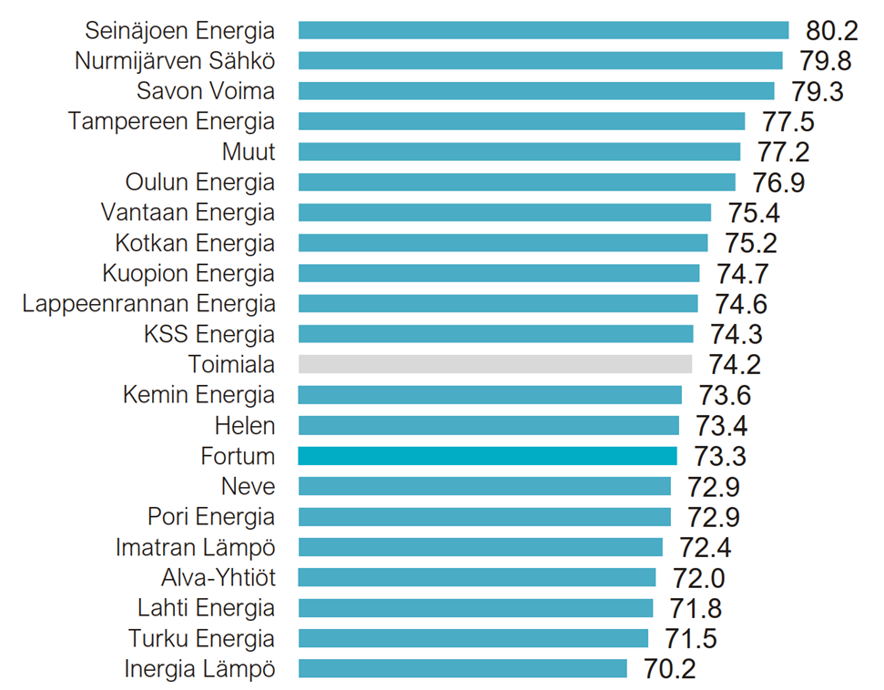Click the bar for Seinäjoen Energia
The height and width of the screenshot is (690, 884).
pyautogui.click(x=544, y=30)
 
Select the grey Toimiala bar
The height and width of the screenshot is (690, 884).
pyautogui.click(x=495, y=364)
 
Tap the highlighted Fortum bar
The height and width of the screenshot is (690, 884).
pyautogui.click(x=488, y=456)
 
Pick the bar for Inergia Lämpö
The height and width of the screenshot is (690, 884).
pyautogui.click(x=462, y=669)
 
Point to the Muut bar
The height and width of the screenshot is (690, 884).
pyautogui.click(x=520, y=151)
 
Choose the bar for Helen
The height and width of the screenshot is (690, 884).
pyautogui.click(x=489, y=425)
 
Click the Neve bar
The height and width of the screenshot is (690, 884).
pyautogui.click(x=484, y=486)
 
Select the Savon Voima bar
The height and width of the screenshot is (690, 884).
pyautogui.click(x=536, y=91)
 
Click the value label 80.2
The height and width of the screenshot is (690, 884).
pyautogui.click(x=832, y=31)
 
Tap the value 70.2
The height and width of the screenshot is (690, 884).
pyautogui.click(x=669, y=670)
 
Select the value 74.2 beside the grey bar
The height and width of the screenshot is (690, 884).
pyautogui.click(x=735, y=365)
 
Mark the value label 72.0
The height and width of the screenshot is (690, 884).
pyautogui.click(x=698, y=578)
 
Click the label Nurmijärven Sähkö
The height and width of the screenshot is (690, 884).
pyautogui.click(x=174, y=61)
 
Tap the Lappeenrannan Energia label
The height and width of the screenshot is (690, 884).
pyautogui.click(x=148, y=303)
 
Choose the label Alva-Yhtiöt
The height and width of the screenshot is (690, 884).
pyautogui.click(x=218, y=577)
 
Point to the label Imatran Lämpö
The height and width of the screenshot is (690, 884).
pyautogui.click(x=195, y=547)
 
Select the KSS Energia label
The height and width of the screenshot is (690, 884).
pyautogui.click(x=208, y=334)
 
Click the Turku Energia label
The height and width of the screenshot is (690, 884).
pyautogui.click(x=200, y=638)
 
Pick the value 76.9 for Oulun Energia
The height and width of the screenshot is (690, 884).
pyautogui.click(x=778, y=183)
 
